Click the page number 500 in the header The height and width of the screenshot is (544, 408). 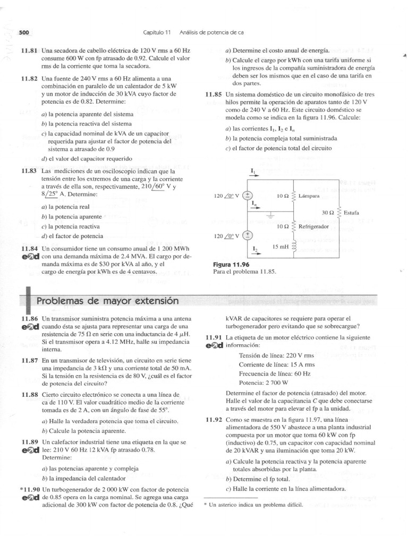23,32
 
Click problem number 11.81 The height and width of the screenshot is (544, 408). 29,50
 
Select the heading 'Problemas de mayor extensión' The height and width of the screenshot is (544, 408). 107,301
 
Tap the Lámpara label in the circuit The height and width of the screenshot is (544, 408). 309,195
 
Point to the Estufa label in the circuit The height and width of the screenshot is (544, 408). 351,212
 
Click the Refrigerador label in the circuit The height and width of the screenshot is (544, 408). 314,226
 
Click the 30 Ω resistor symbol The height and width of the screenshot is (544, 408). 338,212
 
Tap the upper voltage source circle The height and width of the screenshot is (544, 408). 247,195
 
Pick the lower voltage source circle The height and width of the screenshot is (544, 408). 247,234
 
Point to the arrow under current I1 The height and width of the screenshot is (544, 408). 253,178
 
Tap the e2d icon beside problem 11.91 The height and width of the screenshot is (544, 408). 213,345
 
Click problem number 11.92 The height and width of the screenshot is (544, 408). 214,419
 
